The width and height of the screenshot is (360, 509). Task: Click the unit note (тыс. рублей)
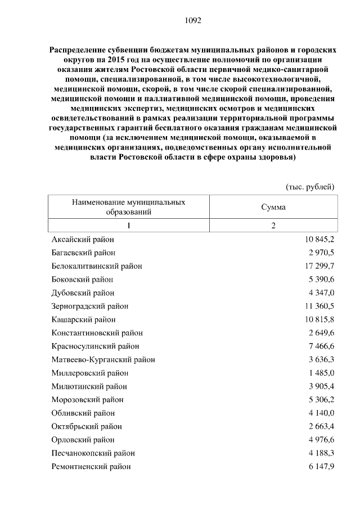tap(310, 186)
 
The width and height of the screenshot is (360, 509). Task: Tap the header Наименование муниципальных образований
tap(129, 207)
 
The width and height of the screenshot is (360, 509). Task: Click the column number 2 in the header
tap(273, 226)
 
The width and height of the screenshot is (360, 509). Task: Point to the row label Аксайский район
tap(82, 240)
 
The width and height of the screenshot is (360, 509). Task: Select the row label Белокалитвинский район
tap(96, 266)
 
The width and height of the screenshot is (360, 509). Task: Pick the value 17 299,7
tap(316, 266)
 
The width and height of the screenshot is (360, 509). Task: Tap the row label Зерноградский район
tap(89, 307)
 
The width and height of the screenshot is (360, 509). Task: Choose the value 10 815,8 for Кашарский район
tap(316, 319)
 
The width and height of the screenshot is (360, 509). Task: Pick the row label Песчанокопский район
tap(93, 453)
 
